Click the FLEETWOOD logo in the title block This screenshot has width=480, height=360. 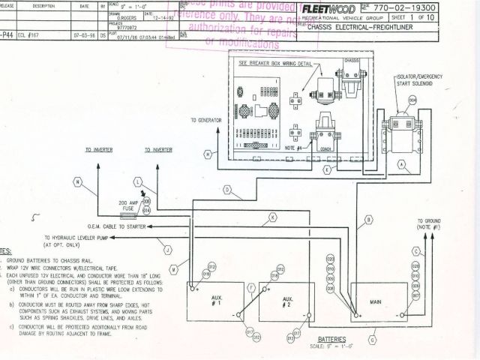[327, 9]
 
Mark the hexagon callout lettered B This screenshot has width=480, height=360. [367, 221]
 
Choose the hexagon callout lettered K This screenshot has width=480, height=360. [272, 217]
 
